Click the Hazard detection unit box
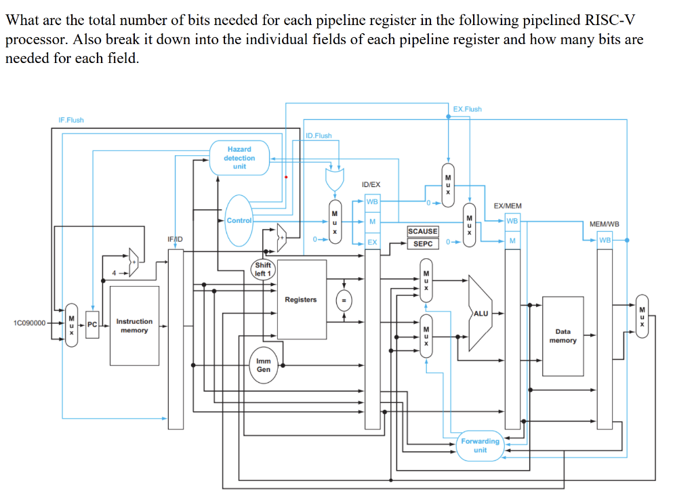click(x=239, y=158)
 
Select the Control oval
click(x=239, y=220)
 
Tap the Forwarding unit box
click(x=480, y=445)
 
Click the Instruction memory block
click(x=134, y=325)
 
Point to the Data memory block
click(x=563, y=336)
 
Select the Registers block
click(x=300, y=299)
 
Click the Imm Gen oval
click(x=264, y=365)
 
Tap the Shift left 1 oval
click(x=263, y=270)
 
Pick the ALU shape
click(x=480, y=313)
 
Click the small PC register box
click(x=92, y=324)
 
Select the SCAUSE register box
click(x=422, y=232)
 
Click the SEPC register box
click(x=422, y=243)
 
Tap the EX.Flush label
click(x=467, y=109)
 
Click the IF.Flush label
click(x=71, y=120)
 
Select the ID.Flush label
click(x=319, y=136)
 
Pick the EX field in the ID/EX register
click(x=372, y=242)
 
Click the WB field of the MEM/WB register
click(x=605, y=240)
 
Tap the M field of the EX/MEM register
click(x=512, y=241)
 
